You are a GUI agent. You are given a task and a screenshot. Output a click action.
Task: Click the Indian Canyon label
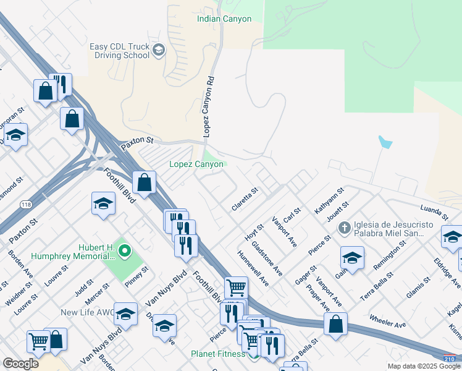[224, 19]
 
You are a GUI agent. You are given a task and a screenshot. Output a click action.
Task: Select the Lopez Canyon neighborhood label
[196, 164]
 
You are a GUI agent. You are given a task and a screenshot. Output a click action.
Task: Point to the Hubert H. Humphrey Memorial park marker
[125, 251]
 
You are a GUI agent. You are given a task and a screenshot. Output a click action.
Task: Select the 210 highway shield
[451, 357]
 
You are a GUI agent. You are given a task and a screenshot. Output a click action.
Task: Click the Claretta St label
[244, 200]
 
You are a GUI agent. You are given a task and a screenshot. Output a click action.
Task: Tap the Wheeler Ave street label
[387, 322]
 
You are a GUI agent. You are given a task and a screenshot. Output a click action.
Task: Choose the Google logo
[20, 364]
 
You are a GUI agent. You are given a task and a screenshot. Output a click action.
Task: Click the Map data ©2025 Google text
[424, 366]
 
